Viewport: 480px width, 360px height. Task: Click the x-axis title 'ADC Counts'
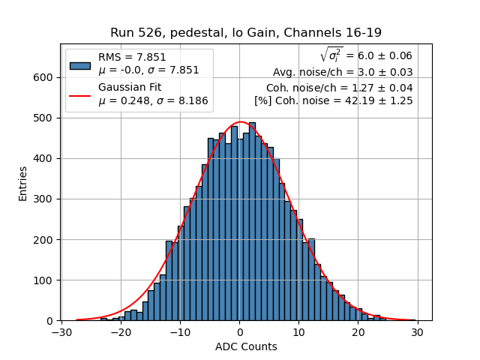tap(246, 346)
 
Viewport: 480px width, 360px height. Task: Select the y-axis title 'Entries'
tap(23, 183)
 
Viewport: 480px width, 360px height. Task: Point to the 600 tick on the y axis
tap(60, 77)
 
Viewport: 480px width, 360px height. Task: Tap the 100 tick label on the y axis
tap(45, 280)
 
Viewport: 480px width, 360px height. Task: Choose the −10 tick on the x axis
tap(179, 321)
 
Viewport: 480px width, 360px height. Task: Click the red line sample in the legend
tap(79, 94)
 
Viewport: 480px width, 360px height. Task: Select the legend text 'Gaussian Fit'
tap(129, 88)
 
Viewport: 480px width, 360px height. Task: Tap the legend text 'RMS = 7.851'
tap(132, 57)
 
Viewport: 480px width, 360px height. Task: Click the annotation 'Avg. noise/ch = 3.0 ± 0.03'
tap(342, 72)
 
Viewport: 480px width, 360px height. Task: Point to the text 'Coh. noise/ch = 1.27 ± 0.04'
tap(339, 87)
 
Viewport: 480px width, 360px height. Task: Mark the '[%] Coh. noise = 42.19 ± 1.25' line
tap(333, 100)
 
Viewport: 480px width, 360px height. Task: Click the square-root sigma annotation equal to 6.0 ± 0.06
tap(366, 55)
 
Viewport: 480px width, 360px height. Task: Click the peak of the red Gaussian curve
tap(241, 122)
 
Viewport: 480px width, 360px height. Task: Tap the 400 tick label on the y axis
tap(45, 158)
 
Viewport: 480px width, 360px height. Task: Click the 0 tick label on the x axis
tap(239, 332)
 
